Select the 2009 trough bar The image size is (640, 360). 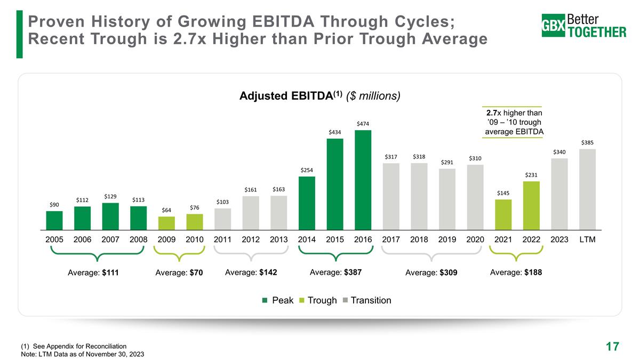point(166,222)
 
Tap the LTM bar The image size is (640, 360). point(587,188)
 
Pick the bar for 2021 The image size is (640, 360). point(503,213)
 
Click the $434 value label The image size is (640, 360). point(335,131)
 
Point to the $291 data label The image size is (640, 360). point(447,161)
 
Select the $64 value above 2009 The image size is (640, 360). point(166,210)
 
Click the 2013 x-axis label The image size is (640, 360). point(279,240)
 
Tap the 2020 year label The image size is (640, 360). point(475,240)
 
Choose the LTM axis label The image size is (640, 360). point(587,240)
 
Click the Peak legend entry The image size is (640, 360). point(278,300)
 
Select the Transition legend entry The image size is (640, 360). point(367,300)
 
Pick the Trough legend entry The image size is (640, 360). point(318,300)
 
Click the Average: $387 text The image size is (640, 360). point(335,272)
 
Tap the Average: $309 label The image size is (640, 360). point(432,273)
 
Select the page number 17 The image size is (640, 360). point(612,347)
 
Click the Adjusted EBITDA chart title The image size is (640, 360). point(319,96)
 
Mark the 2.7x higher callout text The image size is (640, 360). point(514,122)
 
